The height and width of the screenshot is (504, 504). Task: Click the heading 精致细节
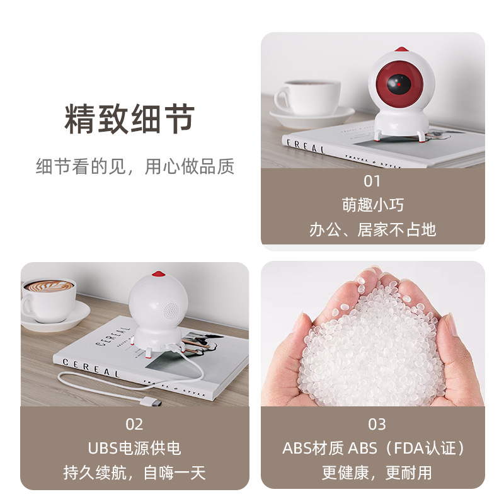pos(130,119)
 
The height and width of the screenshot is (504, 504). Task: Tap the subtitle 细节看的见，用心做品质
pos(135,166)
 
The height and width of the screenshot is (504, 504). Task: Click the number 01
pos(372,181)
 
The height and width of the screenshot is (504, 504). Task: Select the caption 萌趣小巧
pos(372,205)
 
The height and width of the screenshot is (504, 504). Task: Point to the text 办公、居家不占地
pos(372,229)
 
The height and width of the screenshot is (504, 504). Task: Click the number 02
pos(134,424)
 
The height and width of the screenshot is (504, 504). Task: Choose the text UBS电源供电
pos(134,448)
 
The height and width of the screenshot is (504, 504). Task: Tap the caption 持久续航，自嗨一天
pos(134,472)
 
